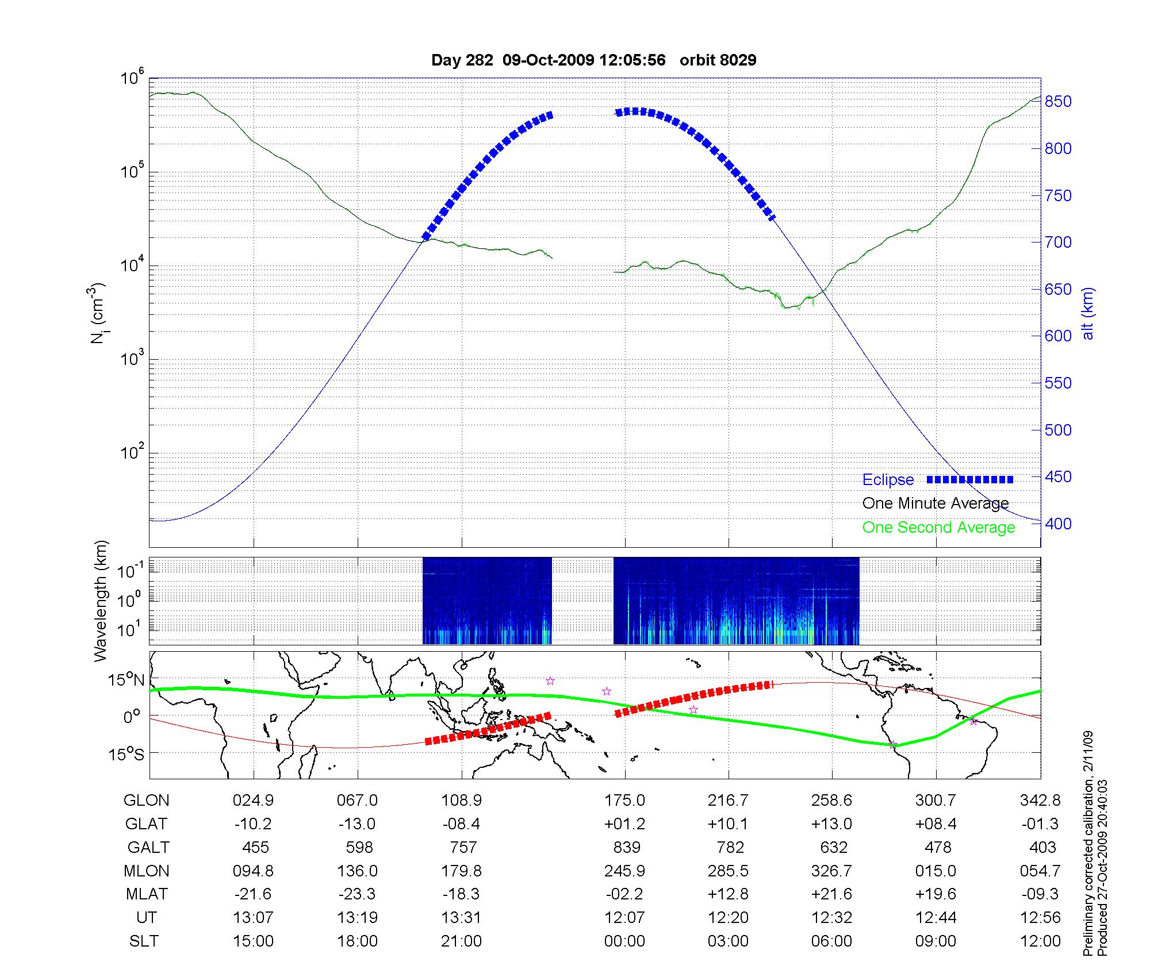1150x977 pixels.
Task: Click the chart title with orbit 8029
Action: (x=593, y=60)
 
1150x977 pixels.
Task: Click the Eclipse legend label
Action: (x=888, y=480)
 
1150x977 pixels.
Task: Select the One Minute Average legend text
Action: (x=936, y=503)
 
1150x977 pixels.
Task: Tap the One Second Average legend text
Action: (x=938, y=528)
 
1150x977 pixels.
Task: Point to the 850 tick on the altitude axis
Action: (x=1058, y=102)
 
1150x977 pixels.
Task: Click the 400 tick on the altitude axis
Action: (x=1058, y=524)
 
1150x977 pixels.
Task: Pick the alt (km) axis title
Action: (x=1087, y=313)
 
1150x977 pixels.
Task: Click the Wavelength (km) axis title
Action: (x=101, y=601)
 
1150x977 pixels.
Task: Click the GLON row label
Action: (x=147, y=801)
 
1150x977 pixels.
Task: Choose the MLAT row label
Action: (x=147, y=894)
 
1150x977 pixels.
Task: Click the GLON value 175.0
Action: (x=624, y=801)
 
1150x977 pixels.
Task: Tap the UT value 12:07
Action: (x=624, y=918)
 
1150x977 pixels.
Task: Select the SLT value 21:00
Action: (x=461, y=941)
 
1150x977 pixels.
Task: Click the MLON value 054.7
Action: (x=1040, y=871)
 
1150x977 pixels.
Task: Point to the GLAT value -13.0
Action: (x=357, y=824)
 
